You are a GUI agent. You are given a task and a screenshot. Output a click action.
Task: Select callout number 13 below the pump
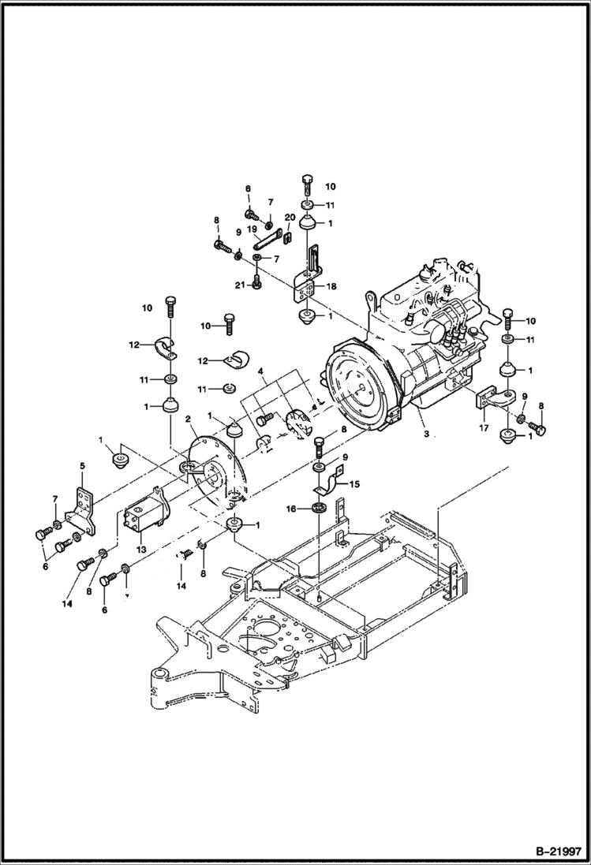coord(142,548)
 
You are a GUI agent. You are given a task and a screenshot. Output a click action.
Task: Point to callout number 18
coord(331,287)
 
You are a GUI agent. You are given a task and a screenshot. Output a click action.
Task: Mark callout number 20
coord(290,217)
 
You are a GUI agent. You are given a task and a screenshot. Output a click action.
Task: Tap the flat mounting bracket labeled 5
coord(80,509)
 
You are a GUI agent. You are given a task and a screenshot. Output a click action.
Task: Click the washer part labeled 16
coord(319,507)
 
